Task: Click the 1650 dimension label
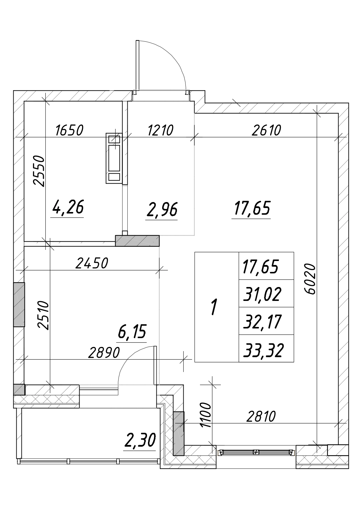pyautogui.click(x=70, y=130)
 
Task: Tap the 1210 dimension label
pyautogui.click(x=161, y=130)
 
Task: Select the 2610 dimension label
pyautogui.click(x=266, y=130)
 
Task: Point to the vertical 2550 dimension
pyautogui.click(x=39, y=171)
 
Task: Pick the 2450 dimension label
pyautogui.click(x=92, y=263)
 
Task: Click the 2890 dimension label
pyautogui.click(x=104, y=353)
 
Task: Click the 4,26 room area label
pyautogui.click(x=68, y=207)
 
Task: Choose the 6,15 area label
pyautogui.click(x=132, y=331)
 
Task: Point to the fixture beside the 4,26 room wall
pyautogui.click(x=114, y=158)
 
